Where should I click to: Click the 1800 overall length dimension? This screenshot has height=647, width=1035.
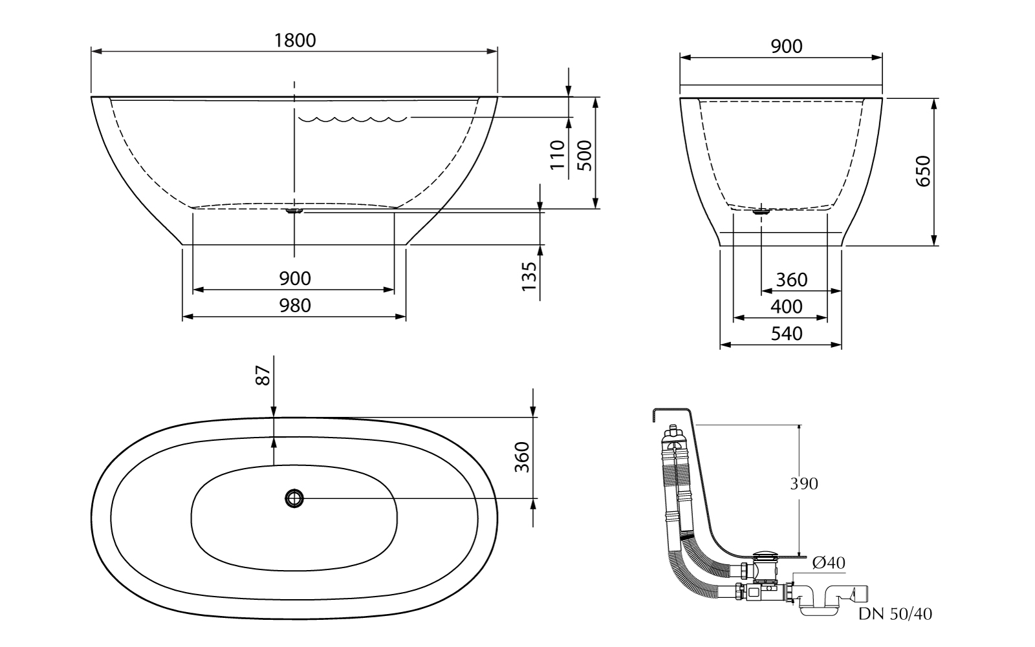click(x=295, y=40)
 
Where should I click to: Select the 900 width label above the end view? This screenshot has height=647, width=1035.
click(x=787, y=47)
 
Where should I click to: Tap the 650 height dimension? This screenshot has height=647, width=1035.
click(x=923, y=171)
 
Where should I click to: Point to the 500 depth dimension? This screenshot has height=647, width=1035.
click(x=584, y=154)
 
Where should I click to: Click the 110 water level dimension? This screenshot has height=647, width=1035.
click(x=558, y=154)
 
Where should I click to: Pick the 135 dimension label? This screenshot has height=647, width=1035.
click(x=529, y=277)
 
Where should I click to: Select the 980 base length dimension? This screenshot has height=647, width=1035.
click(x=295, y=305)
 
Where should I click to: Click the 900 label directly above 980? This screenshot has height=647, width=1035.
click(x=295, y=279)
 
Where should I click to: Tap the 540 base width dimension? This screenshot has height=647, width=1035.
click(x=787, y=334)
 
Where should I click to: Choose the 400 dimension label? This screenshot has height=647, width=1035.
click(x=787, y=306)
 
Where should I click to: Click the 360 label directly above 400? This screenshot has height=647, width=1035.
click(x=792, y=280)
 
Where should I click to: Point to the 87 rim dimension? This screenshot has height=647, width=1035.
click(x=262, y=376)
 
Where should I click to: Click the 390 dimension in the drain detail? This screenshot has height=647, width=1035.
click(x=803, y=483)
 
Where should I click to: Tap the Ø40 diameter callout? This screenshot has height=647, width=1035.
click(x=828, y=564)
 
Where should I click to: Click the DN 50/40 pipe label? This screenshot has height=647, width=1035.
click(x=895, y=614)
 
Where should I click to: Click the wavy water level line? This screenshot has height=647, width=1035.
click(x=352, y=119)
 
